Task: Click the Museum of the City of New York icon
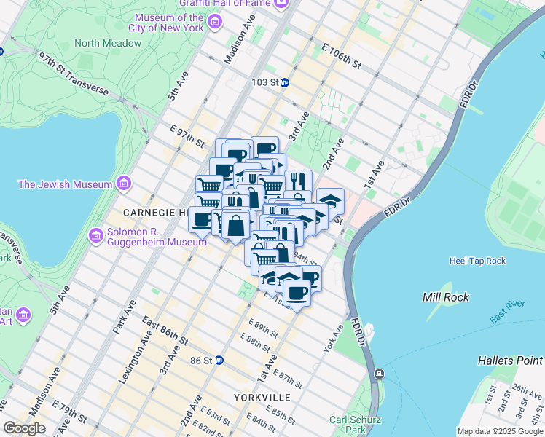[x=214, y=23]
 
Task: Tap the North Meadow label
[x=108, y=43]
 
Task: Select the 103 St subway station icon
[x=286, y=82]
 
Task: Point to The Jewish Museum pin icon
[x=124, y=184]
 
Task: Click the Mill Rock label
[x=445, y=297]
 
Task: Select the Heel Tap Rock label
[x=477, y=261]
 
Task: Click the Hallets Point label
[x=510, y=361]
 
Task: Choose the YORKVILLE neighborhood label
[x=262, y=398]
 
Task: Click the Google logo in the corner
[x=24, y=428]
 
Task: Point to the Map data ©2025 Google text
[x=500, y=431]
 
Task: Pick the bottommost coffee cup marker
[x=296, y=294]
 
